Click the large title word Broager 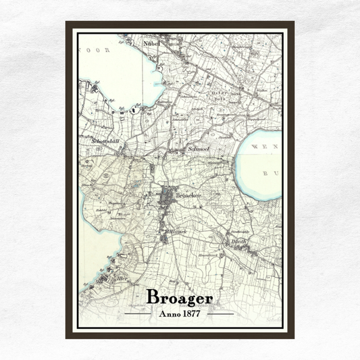(180, 298)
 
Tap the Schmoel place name (199, 148)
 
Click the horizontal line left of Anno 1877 (139, 313)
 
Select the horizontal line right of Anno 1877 (220, 313)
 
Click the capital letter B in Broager (153, 298)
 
